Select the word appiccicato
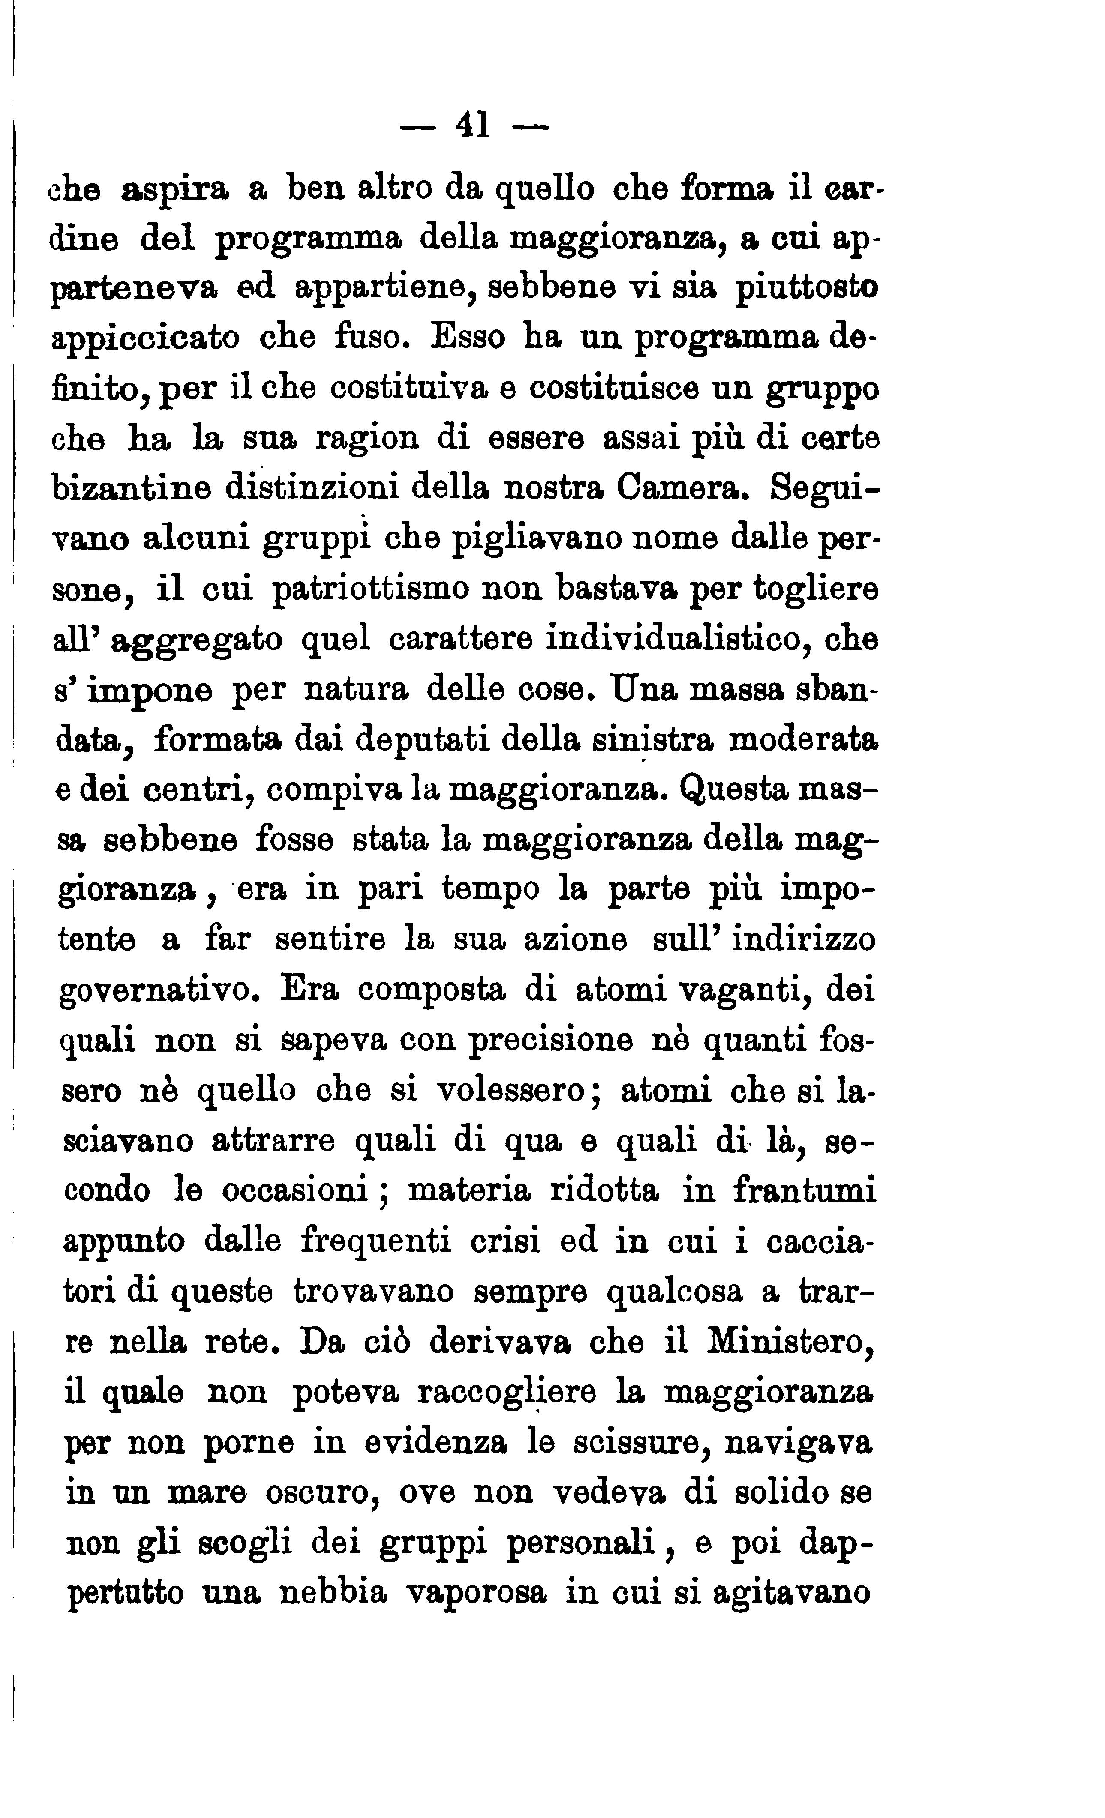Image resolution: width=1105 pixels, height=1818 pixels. pyautogui.click(x=146, y=338)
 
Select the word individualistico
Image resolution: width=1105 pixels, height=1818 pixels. pyautogui.click(x=673, y=639)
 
